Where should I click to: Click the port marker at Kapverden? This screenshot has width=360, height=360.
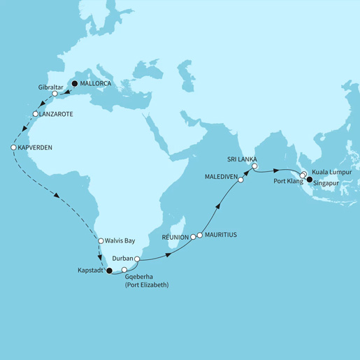(x=13, y=147)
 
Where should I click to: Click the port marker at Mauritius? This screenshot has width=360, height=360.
(x=200, y=236)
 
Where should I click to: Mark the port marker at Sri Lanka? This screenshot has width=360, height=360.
(x=255, y=166)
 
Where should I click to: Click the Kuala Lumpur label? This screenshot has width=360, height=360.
(x=332, y=171)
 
